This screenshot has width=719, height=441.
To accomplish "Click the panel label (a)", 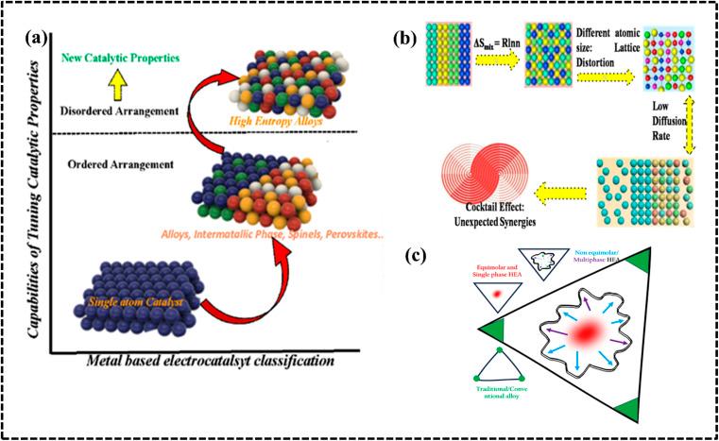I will click(45, 41).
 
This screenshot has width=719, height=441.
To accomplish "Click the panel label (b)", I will click(403, 41).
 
